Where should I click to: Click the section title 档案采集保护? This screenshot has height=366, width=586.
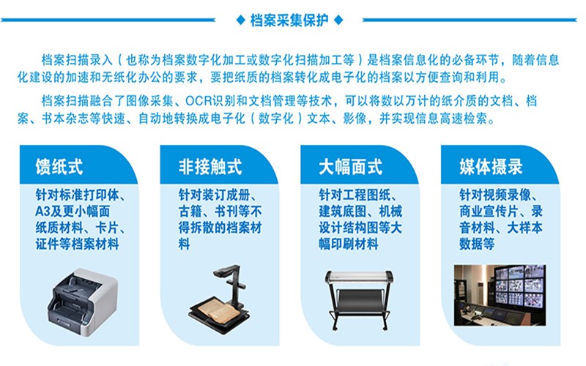click(x=289, y=20)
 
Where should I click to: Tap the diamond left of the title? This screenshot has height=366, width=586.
click(x=241, y=20)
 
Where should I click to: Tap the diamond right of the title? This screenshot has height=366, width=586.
click(x=338, y=20)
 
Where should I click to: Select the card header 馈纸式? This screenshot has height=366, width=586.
click(x=59, y=167)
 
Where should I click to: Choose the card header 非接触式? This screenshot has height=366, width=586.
click(x=210, y=167)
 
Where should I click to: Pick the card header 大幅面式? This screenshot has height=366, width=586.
click(x=351, y=167)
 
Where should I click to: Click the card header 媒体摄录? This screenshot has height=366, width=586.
click(x=491, y=167)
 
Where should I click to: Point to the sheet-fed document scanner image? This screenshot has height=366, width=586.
click(x=82, y=302)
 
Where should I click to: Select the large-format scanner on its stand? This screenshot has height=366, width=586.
click(x=359, y=300)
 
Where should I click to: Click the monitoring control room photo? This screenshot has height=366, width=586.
click(x=500, y=295)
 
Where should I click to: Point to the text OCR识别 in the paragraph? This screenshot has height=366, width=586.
click(x=211, y=101)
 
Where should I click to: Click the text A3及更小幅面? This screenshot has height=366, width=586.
click(x=73, y=212)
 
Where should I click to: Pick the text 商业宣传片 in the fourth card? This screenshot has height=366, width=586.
click(x=489, y=212)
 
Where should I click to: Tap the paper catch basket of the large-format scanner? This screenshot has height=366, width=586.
click(x=359, y=298)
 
